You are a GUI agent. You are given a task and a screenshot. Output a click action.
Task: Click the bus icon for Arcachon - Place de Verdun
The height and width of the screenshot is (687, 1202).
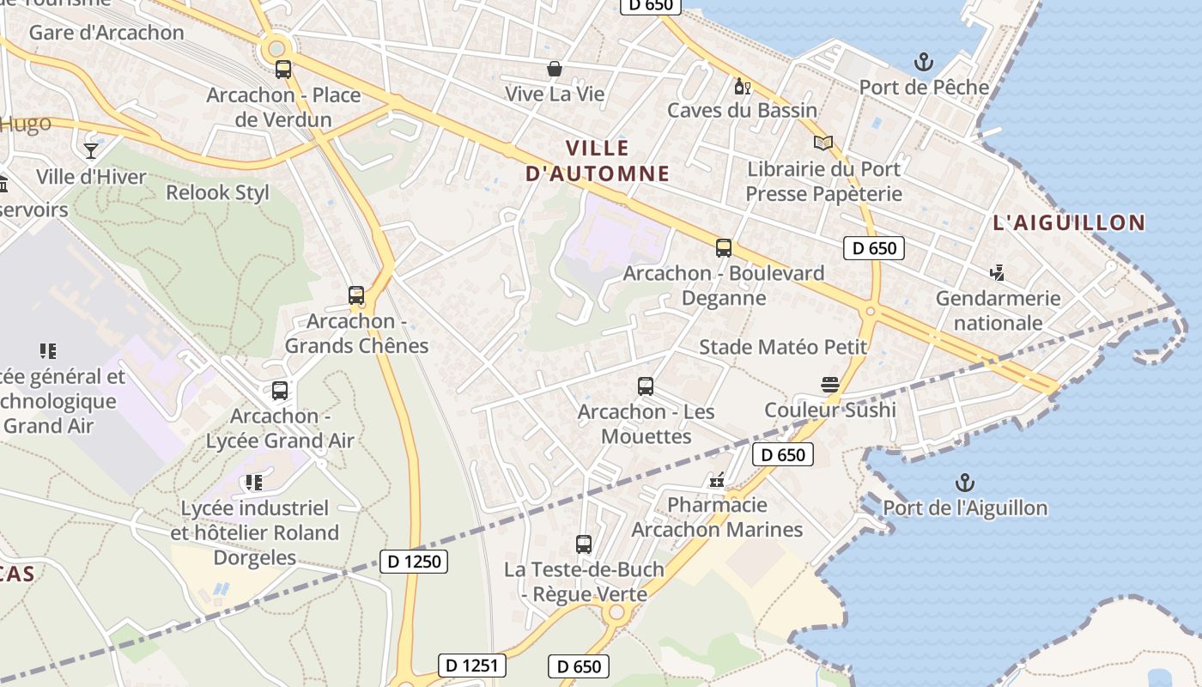tap(282, 70)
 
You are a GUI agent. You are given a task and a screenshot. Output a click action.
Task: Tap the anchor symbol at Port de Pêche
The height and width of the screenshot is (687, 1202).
tap(924, 62)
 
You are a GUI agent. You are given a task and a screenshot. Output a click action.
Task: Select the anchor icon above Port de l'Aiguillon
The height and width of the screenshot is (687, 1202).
tap(965, 483)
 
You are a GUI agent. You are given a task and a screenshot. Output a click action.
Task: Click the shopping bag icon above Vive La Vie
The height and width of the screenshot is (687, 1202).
tap(555, 69)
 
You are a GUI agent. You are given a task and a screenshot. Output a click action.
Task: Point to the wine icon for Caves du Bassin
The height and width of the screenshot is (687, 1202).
tap(742, 86)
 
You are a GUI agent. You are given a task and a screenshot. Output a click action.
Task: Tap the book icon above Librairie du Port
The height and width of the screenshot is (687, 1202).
tap(823, 143)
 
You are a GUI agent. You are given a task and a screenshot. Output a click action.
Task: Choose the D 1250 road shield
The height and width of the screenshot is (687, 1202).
tap(414, 562)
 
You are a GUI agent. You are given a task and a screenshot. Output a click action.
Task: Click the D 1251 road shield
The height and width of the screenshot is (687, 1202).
tap(472, 665)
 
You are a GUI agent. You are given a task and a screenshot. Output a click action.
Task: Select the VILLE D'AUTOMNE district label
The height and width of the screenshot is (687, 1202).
tap(597, 161)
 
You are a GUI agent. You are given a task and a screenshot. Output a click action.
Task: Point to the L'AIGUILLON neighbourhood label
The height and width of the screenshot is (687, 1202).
tap(1069, 223)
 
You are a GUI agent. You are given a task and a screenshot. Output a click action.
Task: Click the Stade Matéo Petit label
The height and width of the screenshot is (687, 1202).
tap(783, 347)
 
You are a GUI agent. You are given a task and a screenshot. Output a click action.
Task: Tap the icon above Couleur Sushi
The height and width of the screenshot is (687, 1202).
tap(829, 385)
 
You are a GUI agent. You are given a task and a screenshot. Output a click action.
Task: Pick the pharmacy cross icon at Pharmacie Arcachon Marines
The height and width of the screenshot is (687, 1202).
tap(717, 480)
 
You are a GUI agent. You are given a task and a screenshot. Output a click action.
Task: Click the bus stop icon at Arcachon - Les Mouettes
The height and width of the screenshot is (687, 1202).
tap(646, 386)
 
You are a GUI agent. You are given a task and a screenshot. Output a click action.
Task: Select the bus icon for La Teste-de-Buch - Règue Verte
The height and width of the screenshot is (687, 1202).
tap(584, 544)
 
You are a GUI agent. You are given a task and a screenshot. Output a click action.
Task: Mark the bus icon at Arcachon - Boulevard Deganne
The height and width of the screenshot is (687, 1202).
tap(724, 248)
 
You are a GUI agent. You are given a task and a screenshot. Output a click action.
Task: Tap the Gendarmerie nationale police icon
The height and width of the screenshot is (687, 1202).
tap(997, 273)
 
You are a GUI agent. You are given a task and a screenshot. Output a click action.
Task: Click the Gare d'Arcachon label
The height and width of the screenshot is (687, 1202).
tap(106, 33)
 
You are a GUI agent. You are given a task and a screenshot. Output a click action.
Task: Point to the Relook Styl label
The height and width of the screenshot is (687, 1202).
tap(217, 192)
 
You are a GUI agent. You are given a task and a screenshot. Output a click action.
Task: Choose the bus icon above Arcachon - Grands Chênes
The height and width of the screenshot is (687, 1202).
tap(356, 295)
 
